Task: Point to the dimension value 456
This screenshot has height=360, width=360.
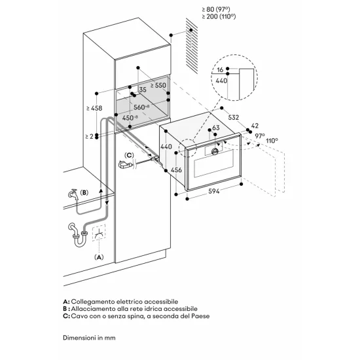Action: (x=175, y=170)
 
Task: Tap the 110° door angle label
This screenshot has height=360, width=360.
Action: (x=271, y=140)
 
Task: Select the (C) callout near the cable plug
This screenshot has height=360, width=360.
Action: (x=130, y=156)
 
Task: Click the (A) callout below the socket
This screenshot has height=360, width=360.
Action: (x=99, y=257)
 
